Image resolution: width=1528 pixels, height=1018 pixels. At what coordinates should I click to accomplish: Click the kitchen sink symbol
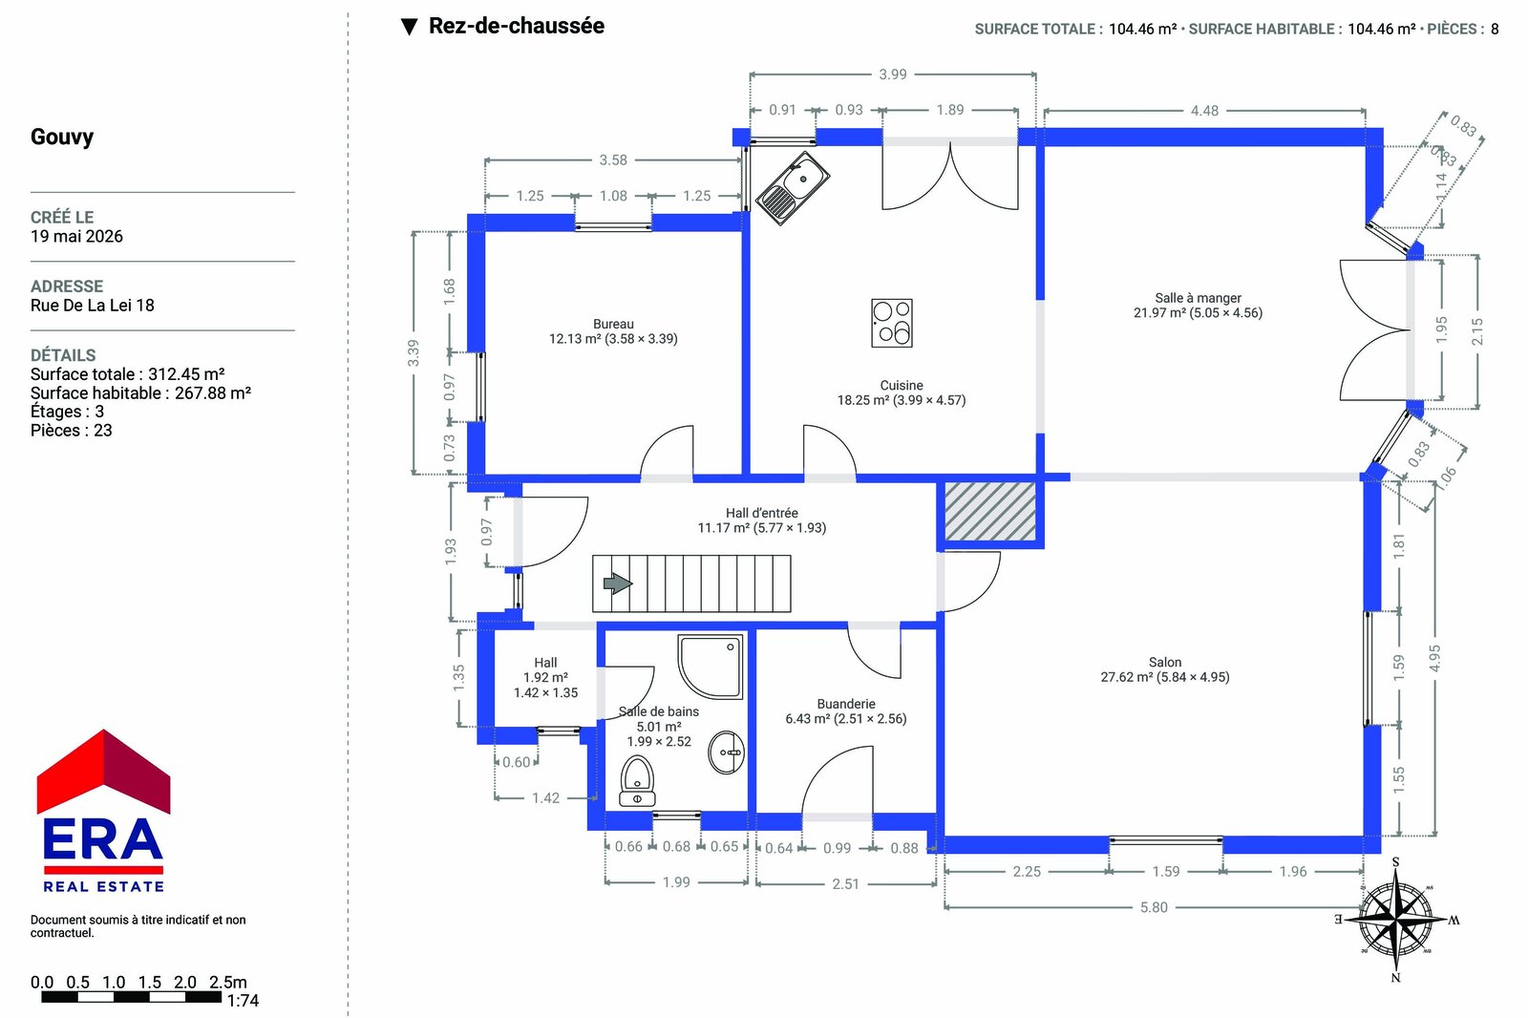click(793, 188)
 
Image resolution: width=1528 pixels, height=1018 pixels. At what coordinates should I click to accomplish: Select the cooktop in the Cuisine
click(892, 323)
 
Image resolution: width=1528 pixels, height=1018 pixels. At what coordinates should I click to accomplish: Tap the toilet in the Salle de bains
click(637, 782)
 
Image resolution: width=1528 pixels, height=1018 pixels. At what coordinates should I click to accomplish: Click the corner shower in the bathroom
click(711, 667)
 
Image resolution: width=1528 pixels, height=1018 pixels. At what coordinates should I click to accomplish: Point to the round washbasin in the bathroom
click(727, 753)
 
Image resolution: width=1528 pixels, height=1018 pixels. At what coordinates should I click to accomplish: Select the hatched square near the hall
click(989, 512)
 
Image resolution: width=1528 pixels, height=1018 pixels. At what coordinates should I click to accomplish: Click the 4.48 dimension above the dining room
click(1204, 111)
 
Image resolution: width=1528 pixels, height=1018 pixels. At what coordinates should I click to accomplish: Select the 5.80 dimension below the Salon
click(1154, 907)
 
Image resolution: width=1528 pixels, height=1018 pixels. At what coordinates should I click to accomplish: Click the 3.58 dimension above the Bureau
click(612, 159)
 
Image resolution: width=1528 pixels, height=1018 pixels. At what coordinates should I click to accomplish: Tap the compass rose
click(1395, 919)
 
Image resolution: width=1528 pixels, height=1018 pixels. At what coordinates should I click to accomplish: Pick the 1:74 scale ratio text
click(243, 1001)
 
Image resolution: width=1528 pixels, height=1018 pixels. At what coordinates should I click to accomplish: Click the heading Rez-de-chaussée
click(517, 26)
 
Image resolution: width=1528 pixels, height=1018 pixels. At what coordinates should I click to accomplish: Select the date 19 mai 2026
click(76, 236)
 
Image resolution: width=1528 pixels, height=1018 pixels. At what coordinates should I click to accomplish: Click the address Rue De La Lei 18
click(92, 305)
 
